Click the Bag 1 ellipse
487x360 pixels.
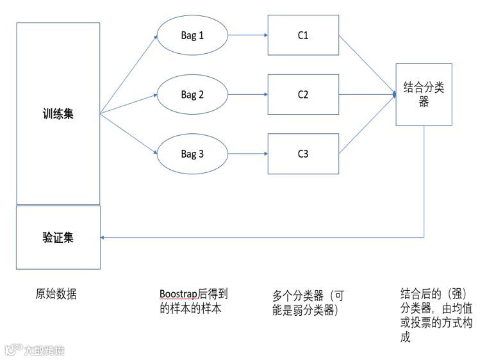(x=192, y=35)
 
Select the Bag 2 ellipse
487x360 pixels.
(x=192, y=95)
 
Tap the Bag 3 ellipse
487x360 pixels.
(x=192, y=154)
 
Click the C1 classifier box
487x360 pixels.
(x=303, y=35)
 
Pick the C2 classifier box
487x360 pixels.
(x=303, y=95)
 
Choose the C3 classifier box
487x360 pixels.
(x=303, y=154)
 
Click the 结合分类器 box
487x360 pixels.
(x=424, y=94)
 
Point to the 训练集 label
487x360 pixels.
(x=58, y=114)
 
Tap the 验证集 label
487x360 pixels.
(x=58, y=238)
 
